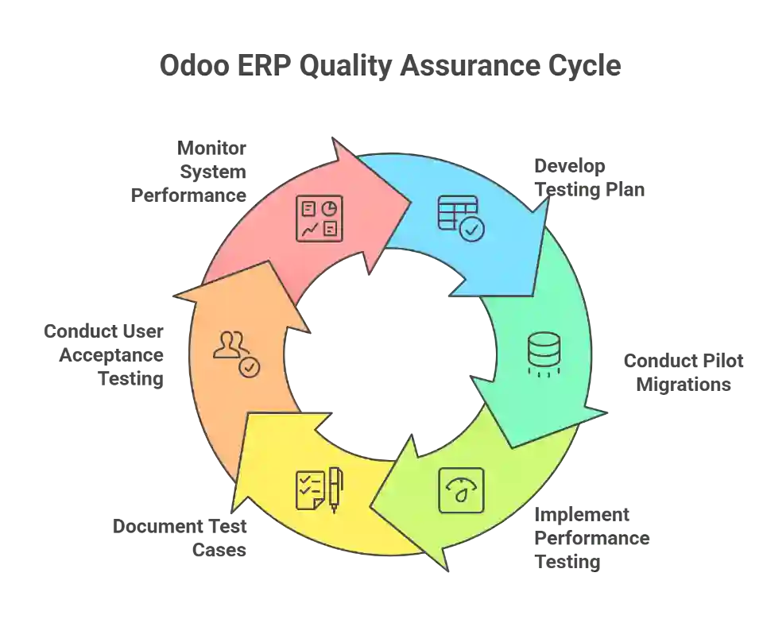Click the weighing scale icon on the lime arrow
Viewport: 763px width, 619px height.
[461, 489]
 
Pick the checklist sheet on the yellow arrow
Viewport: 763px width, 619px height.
[308, 489]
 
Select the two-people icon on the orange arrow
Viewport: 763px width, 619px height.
[230, 346]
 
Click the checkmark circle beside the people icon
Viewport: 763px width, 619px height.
[250, 367]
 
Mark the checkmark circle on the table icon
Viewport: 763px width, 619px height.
[472, 230]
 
